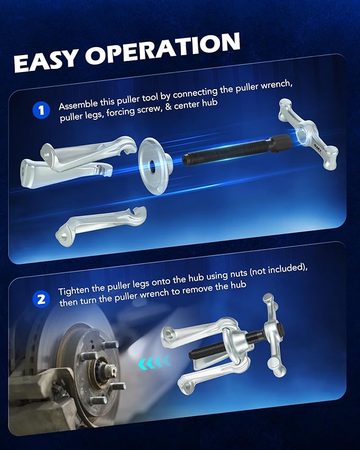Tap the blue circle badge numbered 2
tap(40, 299)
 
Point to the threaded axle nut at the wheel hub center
tap(101, 365)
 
